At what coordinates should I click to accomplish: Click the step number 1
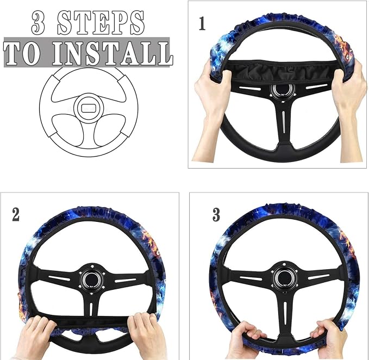point(202,23)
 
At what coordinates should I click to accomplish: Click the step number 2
point(16,214)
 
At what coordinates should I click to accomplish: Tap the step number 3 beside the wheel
point(216,214)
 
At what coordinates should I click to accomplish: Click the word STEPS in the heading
point(101,23)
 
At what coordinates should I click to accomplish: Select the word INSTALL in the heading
point(112,53)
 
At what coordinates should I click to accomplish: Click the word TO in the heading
point(22,54)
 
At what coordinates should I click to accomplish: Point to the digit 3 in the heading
point(38,23)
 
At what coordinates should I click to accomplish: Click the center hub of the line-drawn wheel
point(89,108)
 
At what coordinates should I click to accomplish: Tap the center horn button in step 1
point(283,90)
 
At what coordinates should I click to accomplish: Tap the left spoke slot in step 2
point(59,278)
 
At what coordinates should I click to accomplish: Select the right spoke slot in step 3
point(318,277)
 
